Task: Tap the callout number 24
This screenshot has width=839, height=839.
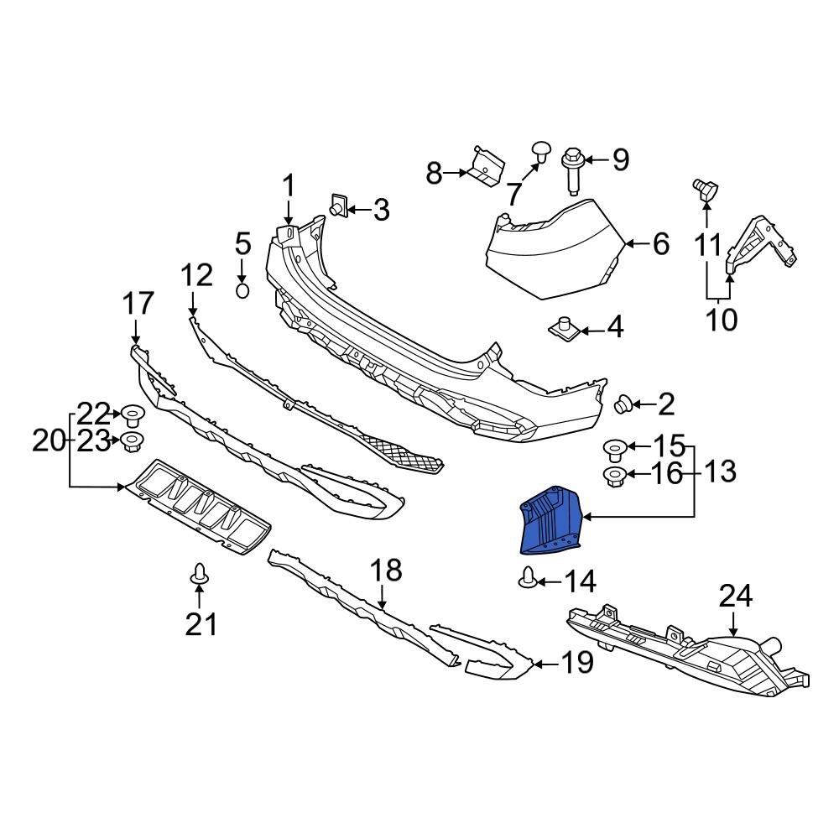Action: click(736, 597)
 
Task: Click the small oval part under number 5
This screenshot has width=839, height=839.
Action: click(242, 290)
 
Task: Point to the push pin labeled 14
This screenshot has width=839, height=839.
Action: click(528, 578)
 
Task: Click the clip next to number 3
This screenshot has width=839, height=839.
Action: click(339, 206)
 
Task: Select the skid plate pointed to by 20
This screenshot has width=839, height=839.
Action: click(197, 508)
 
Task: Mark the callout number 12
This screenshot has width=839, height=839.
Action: click(198, 274)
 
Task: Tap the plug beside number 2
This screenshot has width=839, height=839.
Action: click(624, 405)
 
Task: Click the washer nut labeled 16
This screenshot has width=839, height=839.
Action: click(613, 477)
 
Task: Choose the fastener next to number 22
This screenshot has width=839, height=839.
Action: click(131, 414)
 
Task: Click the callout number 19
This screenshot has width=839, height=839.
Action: click(576, 663)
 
